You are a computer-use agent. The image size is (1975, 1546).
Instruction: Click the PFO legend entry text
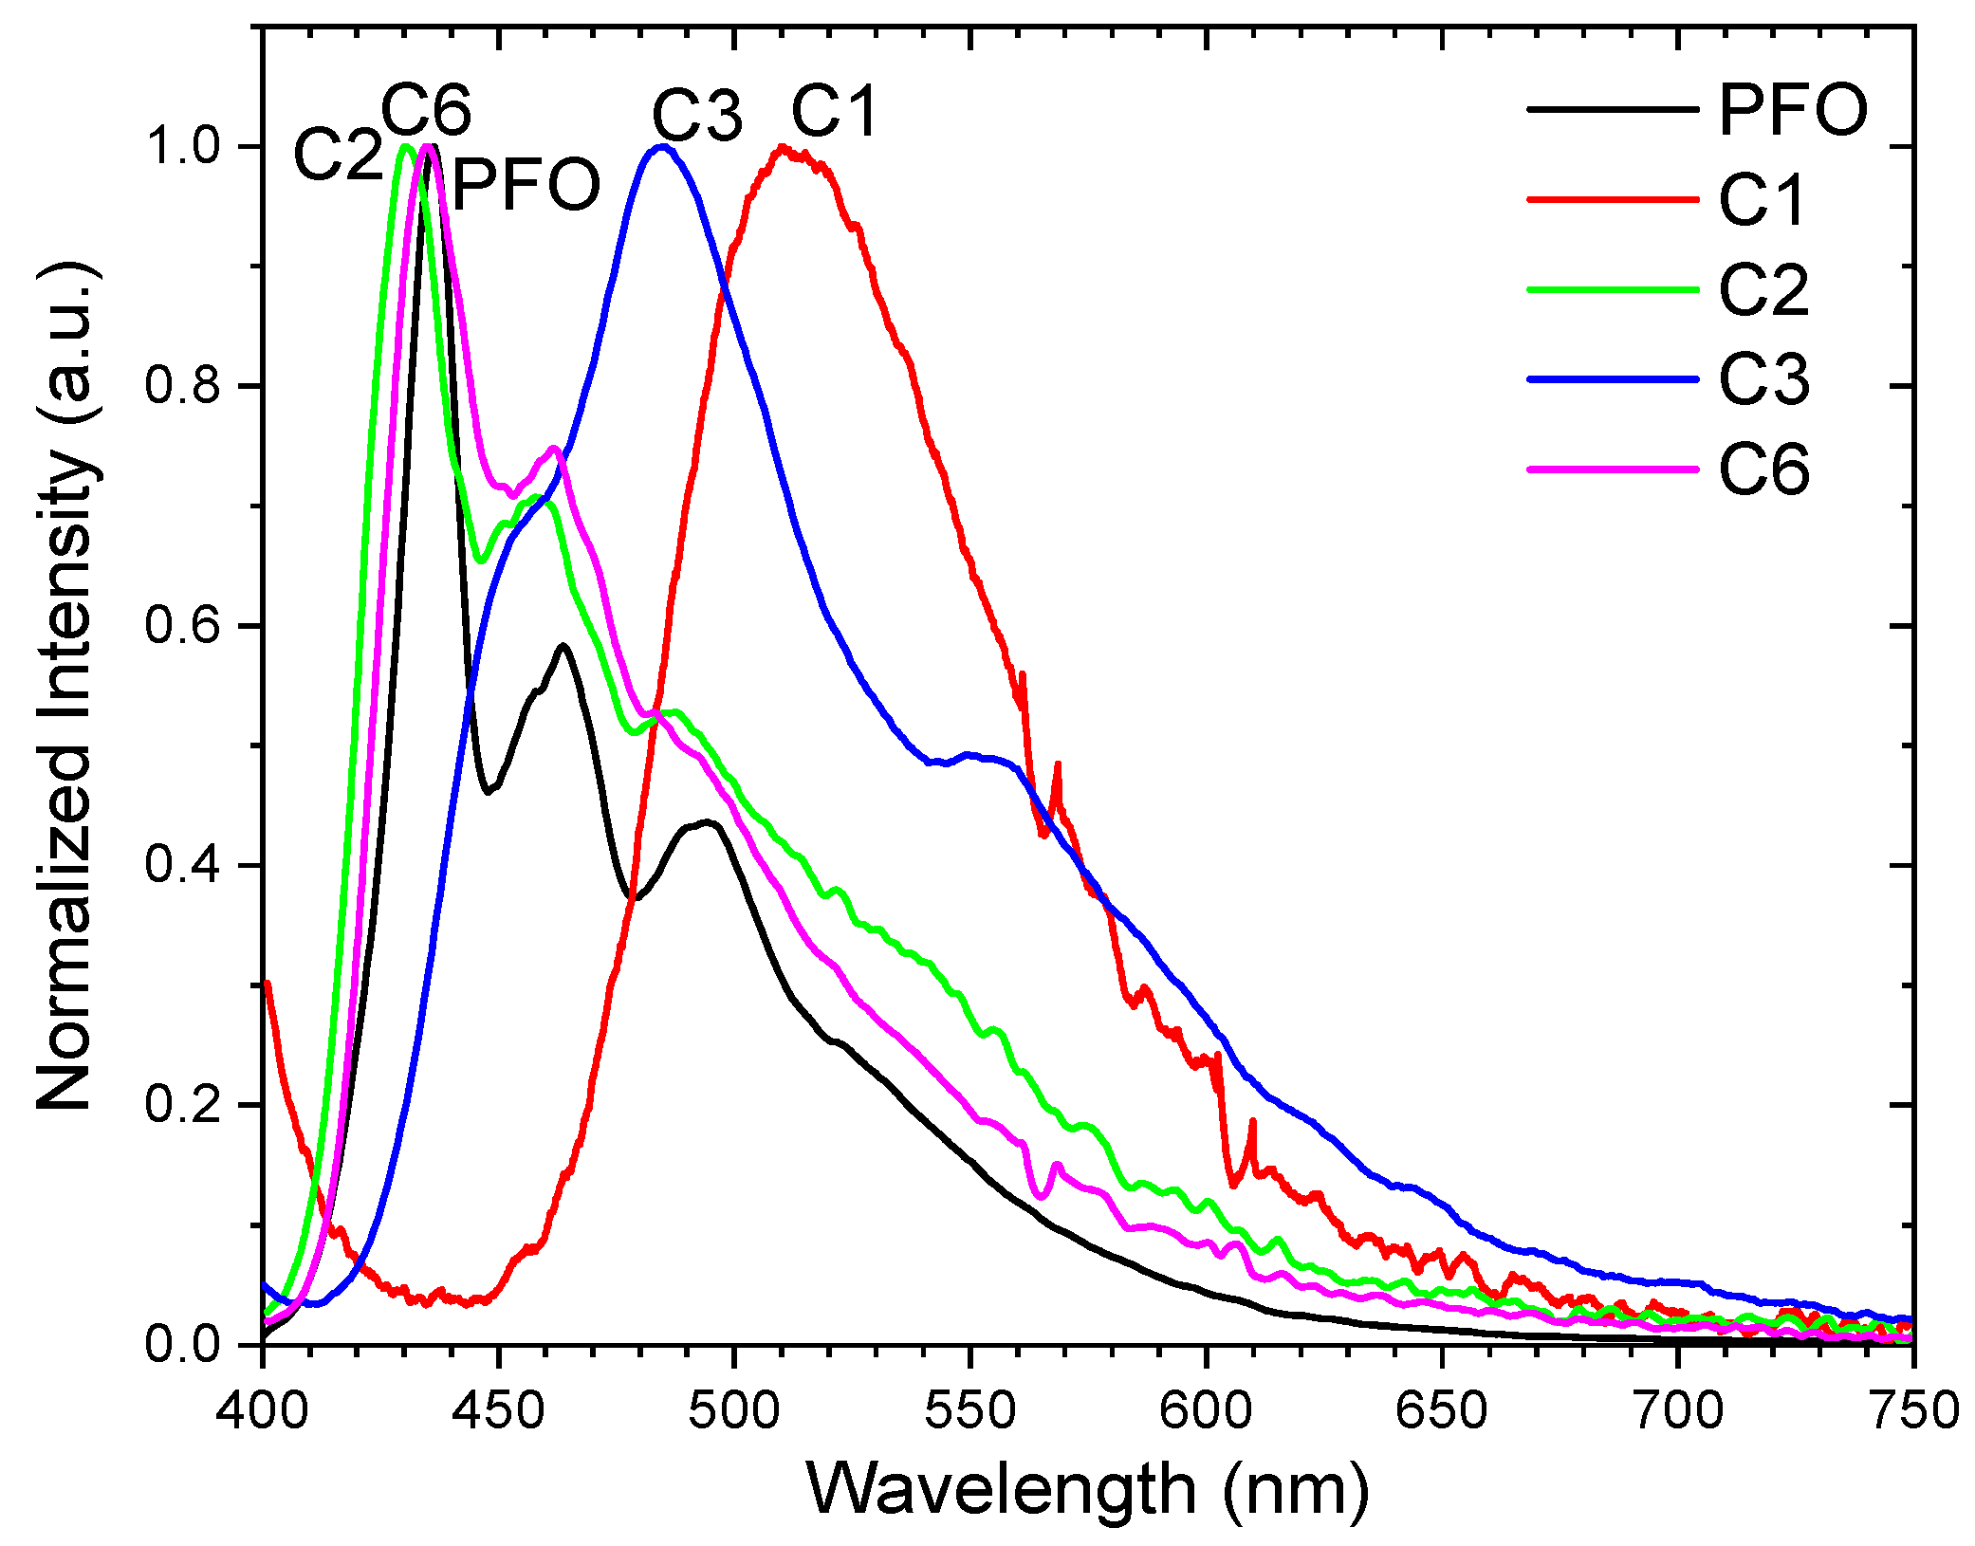coord(1792,111)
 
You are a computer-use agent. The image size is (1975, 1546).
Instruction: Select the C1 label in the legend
coord(1763,200)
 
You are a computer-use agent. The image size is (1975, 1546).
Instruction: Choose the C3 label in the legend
coord(1763,379)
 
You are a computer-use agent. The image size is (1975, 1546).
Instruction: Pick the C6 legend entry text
coord(1763,469)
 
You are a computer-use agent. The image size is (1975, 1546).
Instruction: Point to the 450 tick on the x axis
coord(497,1410)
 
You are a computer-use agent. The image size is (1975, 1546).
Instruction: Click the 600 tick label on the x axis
coord(1205,1410)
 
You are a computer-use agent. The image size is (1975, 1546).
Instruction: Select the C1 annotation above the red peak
coord(836,112)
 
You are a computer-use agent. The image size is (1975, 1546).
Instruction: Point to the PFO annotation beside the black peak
coord(526,184)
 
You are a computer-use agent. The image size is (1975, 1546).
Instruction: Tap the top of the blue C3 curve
coord(662,147)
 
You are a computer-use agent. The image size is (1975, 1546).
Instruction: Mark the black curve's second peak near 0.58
coord(563,646)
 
